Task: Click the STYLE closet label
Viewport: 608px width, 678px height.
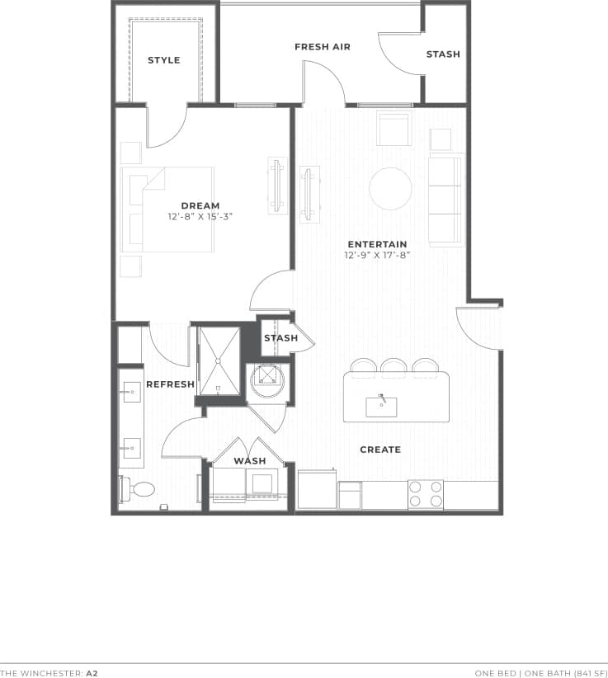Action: [x=163, y=60]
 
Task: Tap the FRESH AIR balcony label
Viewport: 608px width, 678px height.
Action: [x=323, y=47]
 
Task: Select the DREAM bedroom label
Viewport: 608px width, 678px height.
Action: [x=200, y=206]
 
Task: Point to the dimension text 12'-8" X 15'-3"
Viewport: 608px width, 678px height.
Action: [x=200, y=218]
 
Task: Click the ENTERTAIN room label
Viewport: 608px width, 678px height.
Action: [x=377, y=244]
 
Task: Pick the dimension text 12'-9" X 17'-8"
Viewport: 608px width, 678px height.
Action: [x=377, y=256]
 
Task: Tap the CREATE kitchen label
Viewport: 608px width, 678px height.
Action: [x=380, y=450]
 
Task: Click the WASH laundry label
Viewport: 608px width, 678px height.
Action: [x=250, y=461]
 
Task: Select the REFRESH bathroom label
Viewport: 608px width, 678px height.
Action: [x=170, y=384]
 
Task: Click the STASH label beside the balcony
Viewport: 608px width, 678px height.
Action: [x=443, y=54]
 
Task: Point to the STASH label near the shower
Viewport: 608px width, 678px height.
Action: [x=280, y=338]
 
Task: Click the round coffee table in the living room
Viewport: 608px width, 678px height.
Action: [x=390, y=189]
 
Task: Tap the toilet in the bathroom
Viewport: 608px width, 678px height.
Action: [x=139, y=489]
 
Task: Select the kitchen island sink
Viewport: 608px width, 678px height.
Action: [x=381, y=407]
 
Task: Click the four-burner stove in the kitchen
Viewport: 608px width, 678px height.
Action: [x=425, y=494]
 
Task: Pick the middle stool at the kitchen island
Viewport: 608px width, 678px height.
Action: [x=394, y=366]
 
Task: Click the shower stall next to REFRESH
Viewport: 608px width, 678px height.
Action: [x=219, y=360]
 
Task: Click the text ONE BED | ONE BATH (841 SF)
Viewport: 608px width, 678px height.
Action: [x=538, y=673]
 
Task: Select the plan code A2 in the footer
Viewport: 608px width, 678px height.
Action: [x=92, y=673]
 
